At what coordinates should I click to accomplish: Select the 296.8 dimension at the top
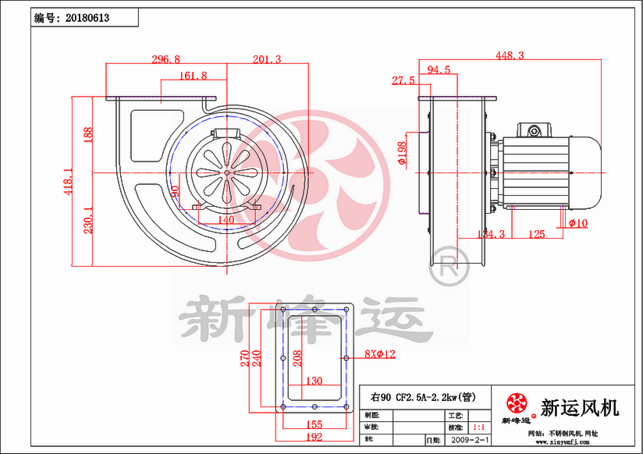click(165, 59)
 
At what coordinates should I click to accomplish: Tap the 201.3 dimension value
click(267, 59)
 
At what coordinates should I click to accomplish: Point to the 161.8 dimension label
click(193, 76)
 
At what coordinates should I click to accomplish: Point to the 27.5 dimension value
click(403, 81)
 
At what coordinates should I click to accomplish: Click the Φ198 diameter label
click(402, 154)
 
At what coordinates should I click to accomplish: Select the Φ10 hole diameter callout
click(578, 224)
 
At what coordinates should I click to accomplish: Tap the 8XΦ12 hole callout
click(380, 354)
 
